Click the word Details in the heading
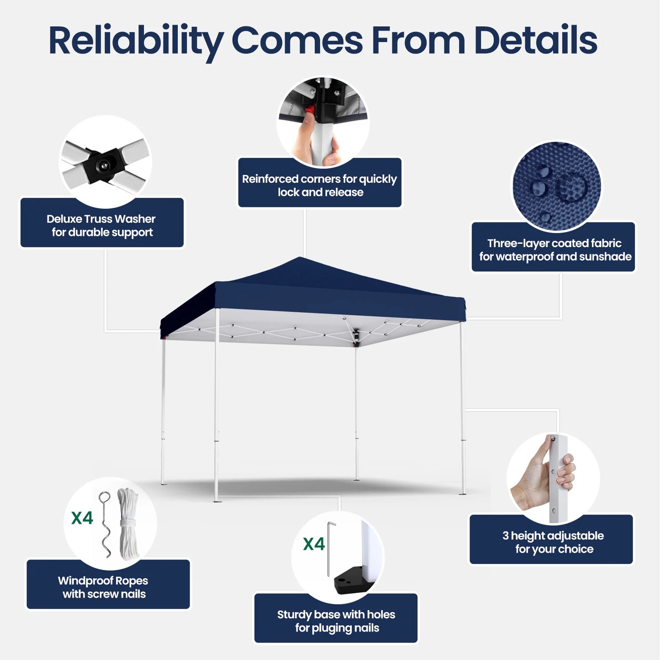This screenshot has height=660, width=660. [535, 41]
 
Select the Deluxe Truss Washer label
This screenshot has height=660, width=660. [101, 225]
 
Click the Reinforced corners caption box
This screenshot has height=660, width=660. [320, 185]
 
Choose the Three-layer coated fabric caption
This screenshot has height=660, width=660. [554, 249]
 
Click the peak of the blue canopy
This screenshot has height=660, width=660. [299, 259]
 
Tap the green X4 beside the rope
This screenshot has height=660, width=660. [82, 517]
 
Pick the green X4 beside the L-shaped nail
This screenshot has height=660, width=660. [314, 544]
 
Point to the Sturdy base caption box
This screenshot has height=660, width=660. [336, 621]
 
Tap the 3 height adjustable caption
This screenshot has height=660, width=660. [552, 542]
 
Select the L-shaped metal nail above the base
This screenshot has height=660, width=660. [328, 548]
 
